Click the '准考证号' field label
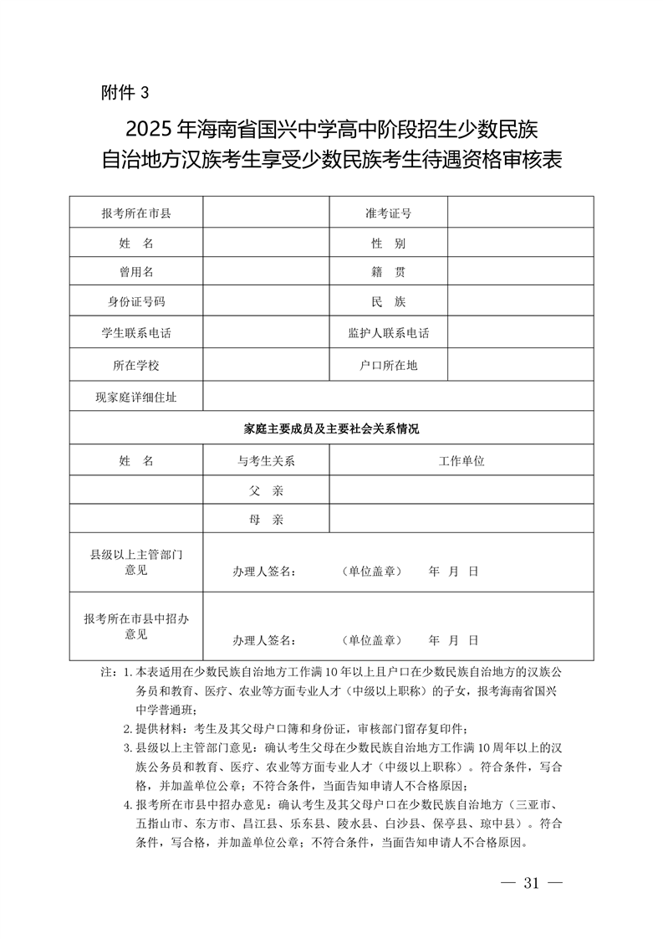(388, 213)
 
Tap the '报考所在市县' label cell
(136, 213)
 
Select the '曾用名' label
(136, 271)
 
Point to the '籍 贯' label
(388, 271)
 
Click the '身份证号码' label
(136, 301)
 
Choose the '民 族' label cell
(388, 301)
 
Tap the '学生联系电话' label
(136, 332)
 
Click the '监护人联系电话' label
(388, 332)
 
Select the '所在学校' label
(136, 366)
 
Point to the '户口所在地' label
(388, 366)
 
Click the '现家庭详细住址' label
(136, 398)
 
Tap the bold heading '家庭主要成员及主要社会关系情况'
(331, 428)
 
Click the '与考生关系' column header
(266, 460)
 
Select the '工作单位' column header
(462, 460)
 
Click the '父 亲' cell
(266, 490)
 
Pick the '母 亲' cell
(266, 520)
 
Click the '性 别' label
(388, 243)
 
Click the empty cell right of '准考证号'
(520, 213)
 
